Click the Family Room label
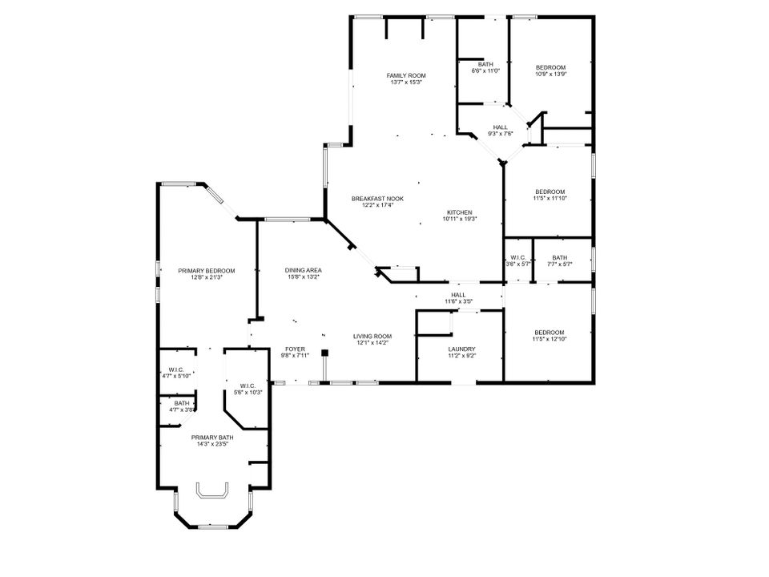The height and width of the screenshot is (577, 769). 406,75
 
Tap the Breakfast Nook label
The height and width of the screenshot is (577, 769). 377,199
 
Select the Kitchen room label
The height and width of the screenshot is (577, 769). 460,212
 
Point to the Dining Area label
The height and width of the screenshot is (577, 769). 303,271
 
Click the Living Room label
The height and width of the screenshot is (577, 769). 372,336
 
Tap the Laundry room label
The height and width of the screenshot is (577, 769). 462,349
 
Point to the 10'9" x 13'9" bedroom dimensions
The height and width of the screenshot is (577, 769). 550,74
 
